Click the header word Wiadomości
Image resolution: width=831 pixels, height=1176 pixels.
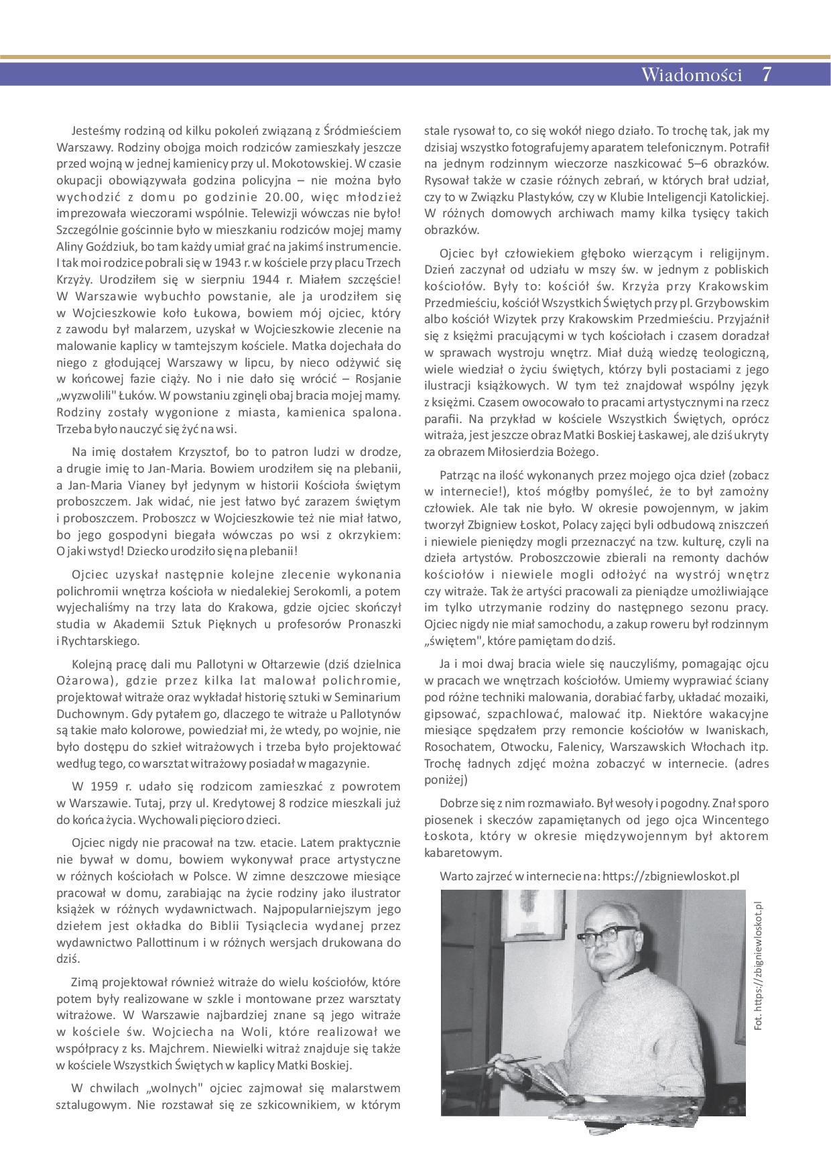click(x=691, y=74)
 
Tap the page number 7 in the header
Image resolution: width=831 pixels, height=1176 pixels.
click(x=767, y=74)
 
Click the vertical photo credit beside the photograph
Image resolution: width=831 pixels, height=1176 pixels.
click(x=758, y=965)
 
